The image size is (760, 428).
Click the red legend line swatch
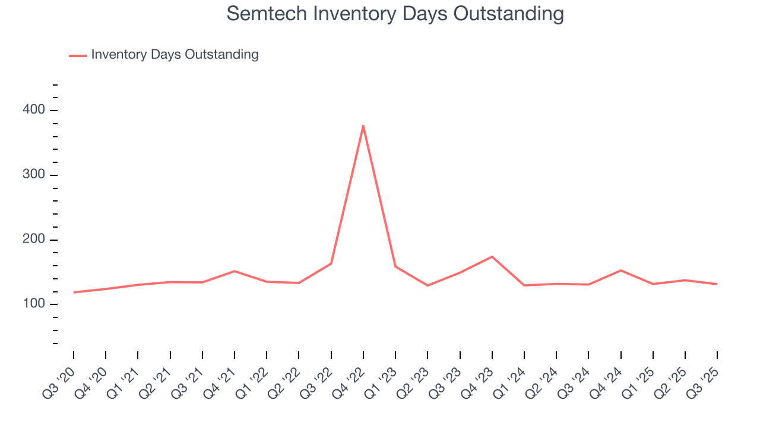pos(78,55)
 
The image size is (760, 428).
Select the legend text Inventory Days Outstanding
pos(175,55)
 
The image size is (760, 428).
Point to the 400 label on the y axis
pos(34,110)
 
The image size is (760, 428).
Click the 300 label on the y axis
pos(34,175)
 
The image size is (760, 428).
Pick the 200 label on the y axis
pos(34,240)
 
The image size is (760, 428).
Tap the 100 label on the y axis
pos(34,304)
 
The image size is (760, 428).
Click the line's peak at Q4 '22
pos(363,125)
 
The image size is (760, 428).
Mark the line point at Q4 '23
pos(492,257)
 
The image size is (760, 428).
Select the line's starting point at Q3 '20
pos(74,292)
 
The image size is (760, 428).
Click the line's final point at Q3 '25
pos(717,284)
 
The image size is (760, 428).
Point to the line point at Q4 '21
pos(235,271)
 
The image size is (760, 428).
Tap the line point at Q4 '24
pos(620,270)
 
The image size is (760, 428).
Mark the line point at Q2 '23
pos(427,285)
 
